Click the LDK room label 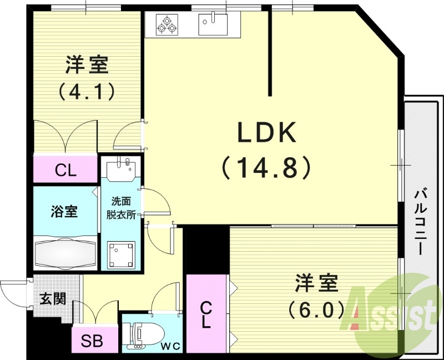(268, 134)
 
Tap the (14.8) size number (266, 167)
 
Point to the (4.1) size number (87, 90)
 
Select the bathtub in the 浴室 (66, 252)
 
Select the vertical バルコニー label (422, 222)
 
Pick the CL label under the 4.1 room (65, 171)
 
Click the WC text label (171, 346)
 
